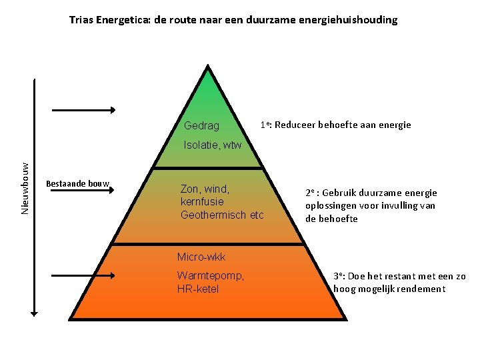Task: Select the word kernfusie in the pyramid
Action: click(202, 201)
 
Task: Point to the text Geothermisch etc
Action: click(222, 215)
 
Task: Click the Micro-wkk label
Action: click(201, 257)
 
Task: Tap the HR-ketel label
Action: click(198, 289)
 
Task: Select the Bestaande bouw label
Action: click(77, 183)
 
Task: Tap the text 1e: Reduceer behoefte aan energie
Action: click(336, 125)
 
